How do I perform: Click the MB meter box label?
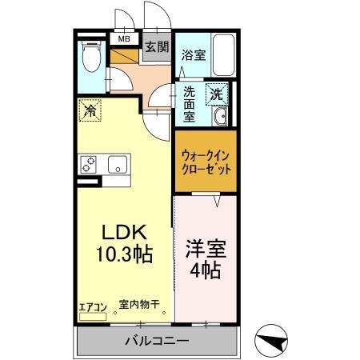click(x=125, y=38)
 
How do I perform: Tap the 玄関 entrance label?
click(x=156, y=46)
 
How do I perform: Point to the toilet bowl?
click(x=90, y=58)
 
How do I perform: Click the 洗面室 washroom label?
click(x=190, y=103)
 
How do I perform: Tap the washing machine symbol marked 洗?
click(x=217, y=93)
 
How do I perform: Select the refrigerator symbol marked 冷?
click(x=91, y=111)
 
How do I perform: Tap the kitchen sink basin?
click(x=118, y=165)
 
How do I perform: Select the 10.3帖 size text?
click(x=126, y=255)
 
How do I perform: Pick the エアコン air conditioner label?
click(x=91, y=305)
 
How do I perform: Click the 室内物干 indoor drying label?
click(x=139, y=304)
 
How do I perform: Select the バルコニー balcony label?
click(x=157, y=342)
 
